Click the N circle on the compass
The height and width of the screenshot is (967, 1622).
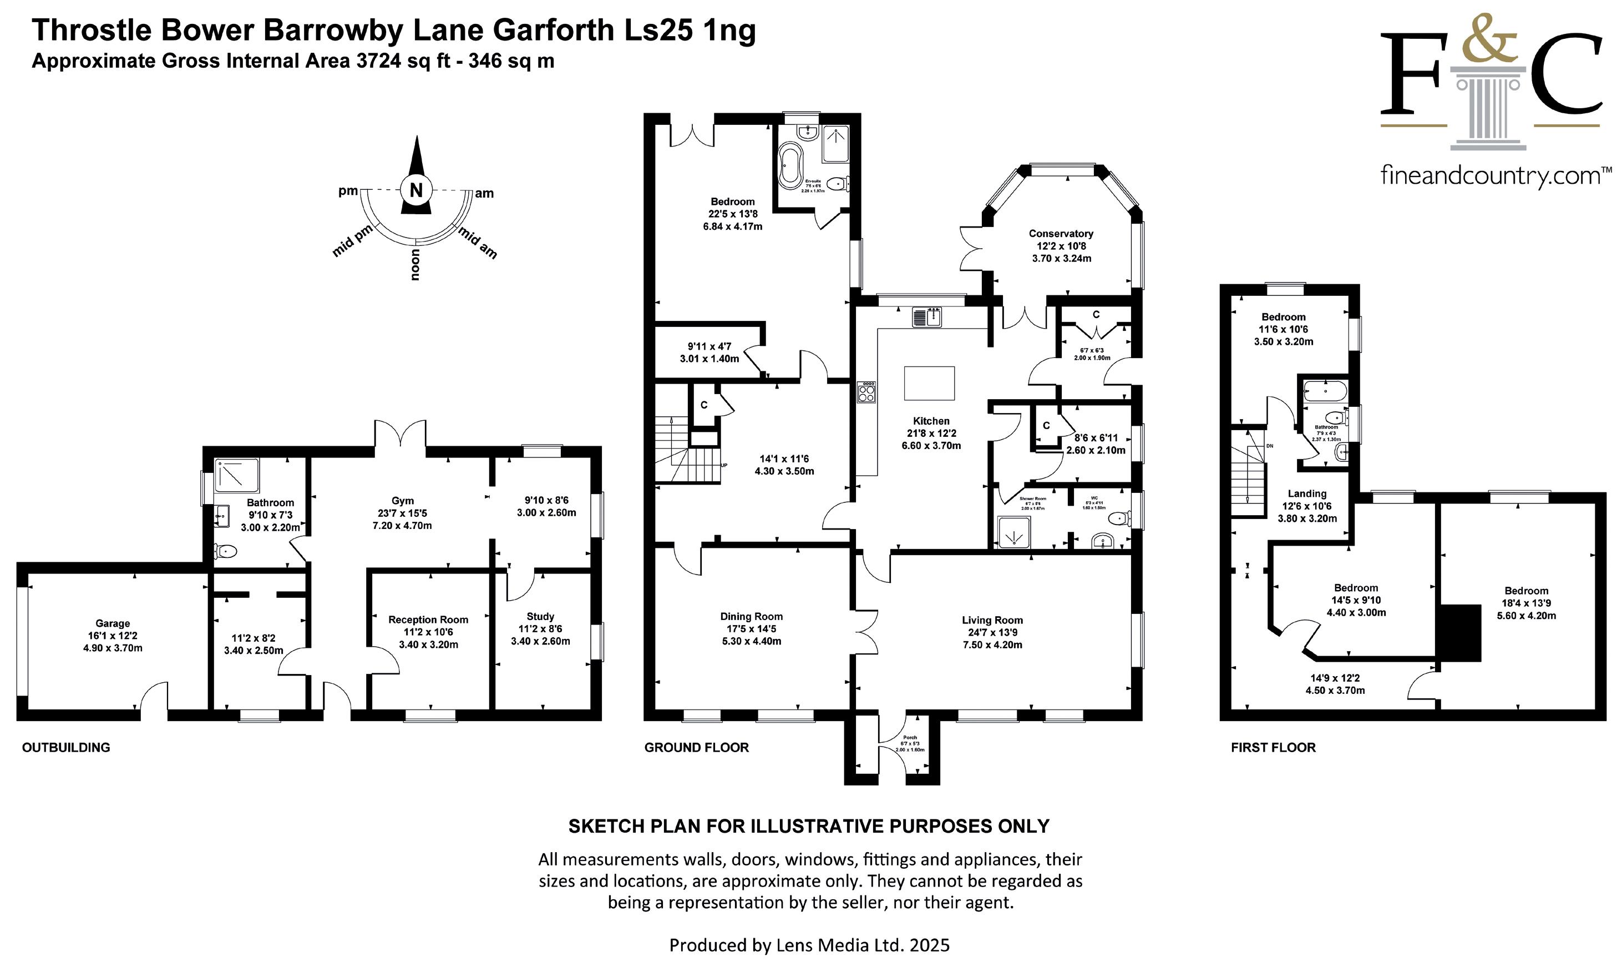(416, 190)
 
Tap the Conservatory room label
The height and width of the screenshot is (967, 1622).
(1061, 233)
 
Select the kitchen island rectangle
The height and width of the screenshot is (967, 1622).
(929, 383)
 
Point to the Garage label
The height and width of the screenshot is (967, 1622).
(113, 623)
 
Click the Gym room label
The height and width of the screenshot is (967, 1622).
(402, 501)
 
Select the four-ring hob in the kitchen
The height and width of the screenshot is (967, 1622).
(866, 392)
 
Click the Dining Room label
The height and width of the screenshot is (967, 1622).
(752, 616)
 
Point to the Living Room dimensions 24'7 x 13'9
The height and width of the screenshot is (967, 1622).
(992, 633)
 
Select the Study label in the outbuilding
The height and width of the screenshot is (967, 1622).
(540, 616)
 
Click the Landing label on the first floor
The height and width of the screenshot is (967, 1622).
(1307, 494)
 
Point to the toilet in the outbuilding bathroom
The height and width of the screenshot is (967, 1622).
(224, 552)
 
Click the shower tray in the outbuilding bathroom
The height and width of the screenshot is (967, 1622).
(237, 476)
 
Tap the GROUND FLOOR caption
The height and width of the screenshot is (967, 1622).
(697, 747)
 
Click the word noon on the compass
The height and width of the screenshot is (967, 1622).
(415, 265)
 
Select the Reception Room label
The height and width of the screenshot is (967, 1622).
(428, 620)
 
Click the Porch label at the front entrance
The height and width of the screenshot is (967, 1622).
(910, 738)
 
